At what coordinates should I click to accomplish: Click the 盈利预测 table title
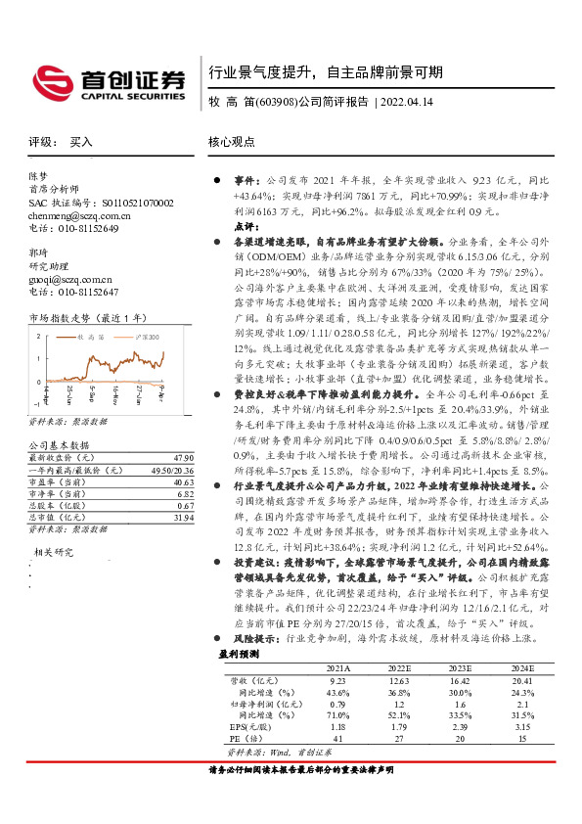coord(238,652)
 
